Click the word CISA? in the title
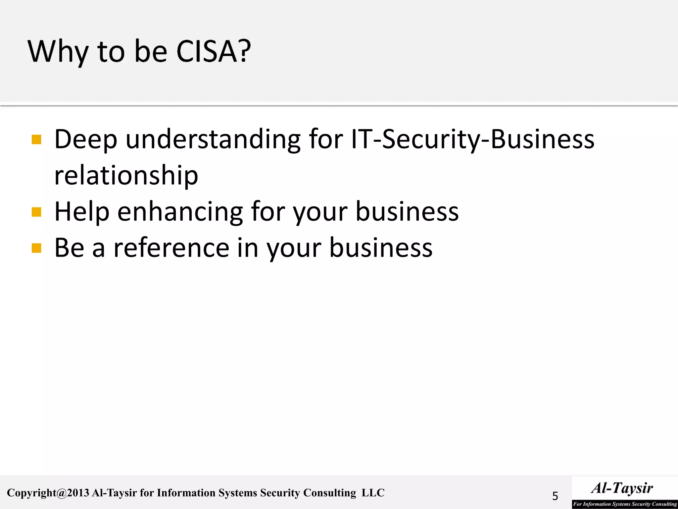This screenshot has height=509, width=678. coord(214,51)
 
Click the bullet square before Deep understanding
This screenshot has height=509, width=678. coord(36,140)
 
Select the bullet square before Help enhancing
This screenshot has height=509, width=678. coord(36,212)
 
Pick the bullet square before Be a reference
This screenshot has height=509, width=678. coord(36,248)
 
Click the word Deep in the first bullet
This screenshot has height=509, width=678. coord(86,139)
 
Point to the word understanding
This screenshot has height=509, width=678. coord(213,139)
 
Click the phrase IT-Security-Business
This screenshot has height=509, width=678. coord(472,139)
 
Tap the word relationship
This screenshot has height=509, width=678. coord(126,176)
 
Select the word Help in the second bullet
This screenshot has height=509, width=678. coord(82,212)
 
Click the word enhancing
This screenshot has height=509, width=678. coord(180,212)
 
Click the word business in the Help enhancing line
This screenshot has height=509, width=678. coord(407,212)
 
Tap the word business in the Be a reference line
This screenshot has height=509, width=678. coord(381,248)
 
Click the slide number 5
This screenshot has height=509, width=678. coord(555,496)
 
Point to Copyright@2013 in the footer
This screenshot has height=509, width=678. coord(48,493)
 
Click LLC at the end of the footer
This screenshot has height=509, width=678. coord(373,493)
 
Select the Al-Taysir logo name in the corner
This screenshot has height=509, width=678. coord(622,488)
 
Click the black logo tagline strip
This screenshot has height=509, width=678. coord(625,504)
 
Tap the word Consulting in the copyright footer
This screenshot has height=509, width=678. coord(329,493)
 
